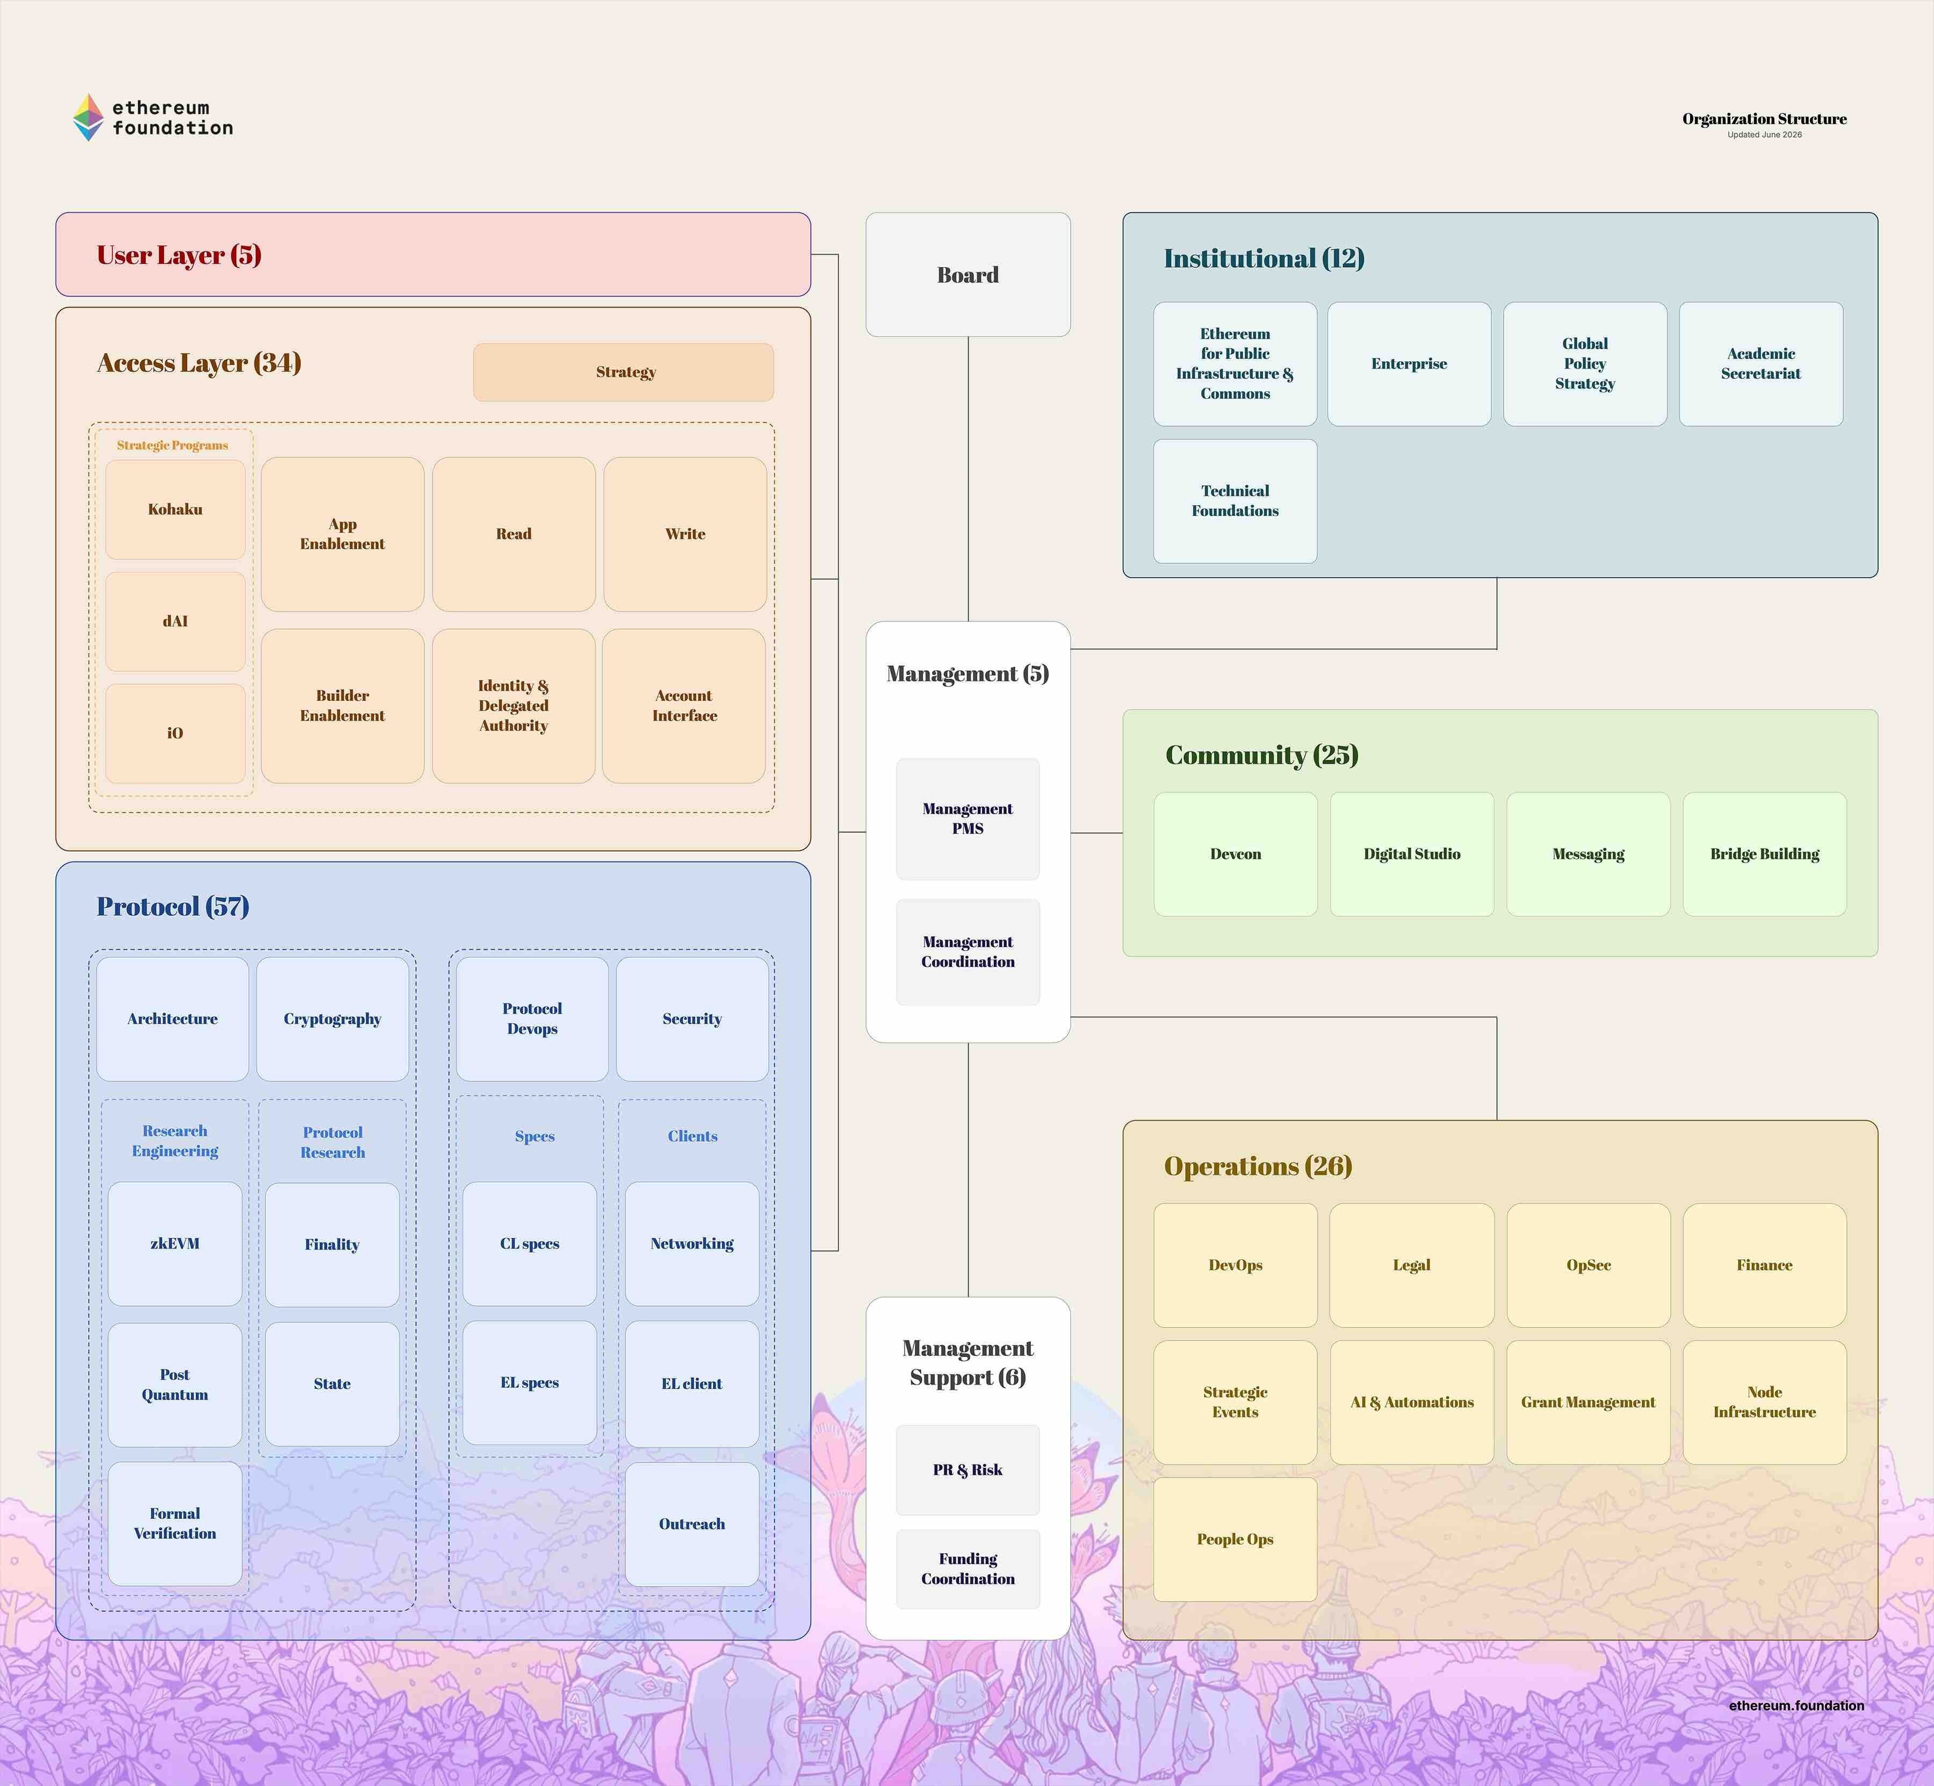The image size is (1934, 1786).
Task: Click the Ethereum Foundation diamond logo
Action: (x=88, y=117)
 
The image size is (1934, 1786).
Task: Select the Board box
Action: (x=968, y=275)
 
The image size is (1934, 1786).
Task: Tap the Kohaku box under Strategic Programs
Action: (x=175, y=510)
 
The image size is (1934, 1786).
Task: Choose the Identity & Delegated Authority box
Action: (x=513, y=706)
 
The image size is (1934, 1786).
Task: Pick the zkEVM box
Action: (x=175, y=1244)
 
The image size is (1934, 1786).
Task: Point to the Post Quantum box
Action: (x=175, y=1384)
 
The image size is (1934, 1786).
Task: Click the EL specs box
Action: (x=529, y=1383)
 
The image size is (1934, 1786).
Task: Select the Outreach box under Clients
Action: (x=692, y=1524)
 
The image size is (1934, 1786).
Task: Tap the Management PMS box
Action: (x=968, y=819)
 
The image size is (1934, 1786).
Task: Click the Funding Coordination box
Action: (x=968, y=1568)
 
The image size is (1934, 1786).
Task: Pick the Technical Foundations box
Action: (x=1235, y=500)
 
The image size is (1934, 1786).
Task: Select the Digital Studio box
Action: (x=1411, y=855)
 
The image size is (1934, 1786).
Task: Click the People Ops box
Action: (x=1235, y=1539)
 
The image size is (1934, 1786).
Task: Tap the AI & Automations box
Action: (x=1411, y=1402)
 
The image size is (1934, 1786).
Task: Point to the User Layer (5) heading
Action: (x=179, y=255)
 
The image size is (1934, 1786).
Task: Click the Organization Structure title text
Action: (x=1764, y=119)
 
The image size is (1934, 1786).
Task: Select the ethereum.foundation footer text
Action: (x=1796, y=1706)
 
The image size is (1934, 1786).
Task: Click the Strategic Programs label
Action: (x=172, y=446)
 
